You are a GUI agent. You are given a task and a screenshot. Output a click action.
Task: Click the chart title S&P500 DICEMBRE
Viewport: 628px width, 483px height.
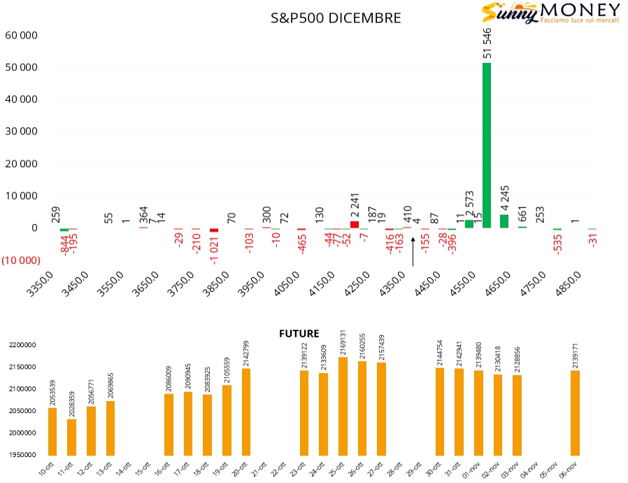click(x=336, y=18)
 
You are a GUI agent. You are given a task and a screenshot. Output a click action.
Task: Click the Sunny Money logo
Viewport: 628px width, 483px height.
click(x=551, y=13)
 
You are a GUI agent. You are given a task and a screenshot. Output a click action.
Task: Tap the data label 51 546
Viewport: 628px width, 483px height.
click(x=487, y=43)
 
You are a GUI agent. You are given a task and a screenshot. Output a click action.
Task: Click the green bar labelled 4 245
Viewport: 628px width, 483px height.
click(x=504, y=221)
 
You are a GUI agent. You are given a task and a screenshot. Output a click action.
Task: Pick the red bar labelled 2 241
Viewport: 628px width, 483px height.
click(x=355, y=225)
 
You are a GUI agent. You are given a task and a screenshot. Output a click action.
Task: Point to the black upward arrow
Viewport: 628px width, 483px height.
click(x=413, y=252)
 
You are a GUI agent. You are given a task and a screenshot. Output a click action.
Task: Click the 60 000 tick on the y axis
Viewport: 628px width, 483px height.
click(x=21, y=35)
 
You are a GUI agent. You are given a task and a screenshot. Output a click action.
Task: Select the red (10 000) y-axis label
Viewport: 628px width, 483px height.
click(x=20, y=260)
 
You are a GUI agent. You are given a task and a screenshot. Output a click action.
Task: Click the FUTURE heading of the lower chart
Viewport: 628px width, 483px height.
click(x=299, y=334)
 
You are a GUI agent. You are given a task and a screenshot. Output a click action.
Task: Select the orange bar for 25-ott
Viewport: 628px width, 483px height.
click(x=343, y=406)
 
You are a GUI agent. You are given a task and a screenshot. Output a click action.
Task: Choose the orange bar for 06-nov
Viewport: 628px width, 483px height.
click(x=575, y=412)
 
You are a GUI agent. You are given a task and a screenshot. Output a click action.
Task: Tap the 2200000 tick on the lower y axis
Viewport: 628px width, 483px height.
click(x=22, y=345)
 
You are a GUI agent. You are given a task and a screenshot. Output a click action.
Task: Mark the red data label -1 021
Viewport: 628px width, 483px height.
click(x=214, y=248)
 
